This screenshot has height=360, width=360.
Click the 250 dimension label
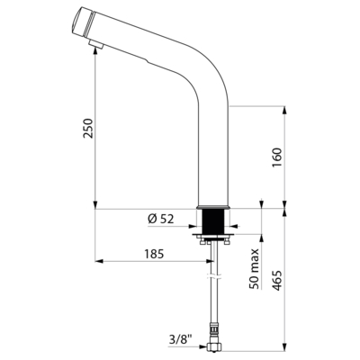coord(89,128)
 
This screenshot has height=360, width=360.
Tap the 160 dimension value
coord(276,157)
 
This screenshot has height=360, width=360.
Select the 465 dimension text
coord(278,281)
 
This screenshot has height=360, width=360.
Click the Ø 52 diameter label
coord(160,219)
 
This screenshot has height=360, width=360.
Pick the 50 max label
coord(255,268)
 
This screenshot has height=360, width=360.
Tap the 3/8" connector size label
coord(181,339)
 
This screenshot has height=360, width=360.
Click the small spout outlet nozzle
coord(96,45)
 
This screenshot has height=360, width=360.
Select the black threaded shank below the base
coord(213,221)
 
